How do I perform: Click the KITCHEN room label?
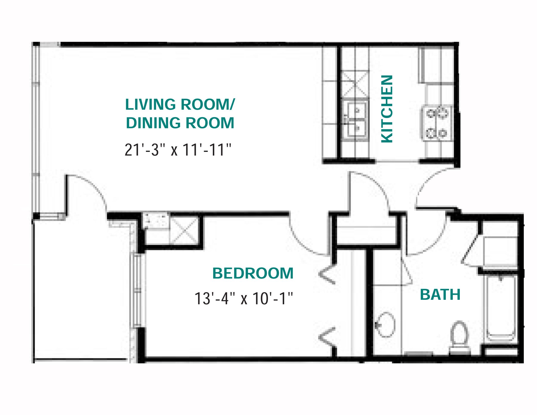click(387, 109)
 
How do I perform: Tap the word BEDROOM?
click(253, 273)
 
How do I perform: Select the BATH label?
click(440, 294)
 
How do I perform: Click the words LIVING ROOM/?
click(180, 105)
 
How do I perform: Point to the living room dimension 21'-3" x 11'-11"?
click(178, 150)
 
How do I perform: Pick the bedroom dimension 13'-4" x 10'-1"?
click(244, 298)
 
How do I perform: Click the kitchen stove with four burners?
click(437, 123)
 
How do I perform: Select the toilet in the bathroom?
click(459, 337)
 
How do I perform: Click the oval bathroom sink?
click(386, 325)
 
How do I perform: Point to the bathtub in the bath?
click(501, 308)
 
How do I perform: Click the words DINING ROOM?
click(180, 123)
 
